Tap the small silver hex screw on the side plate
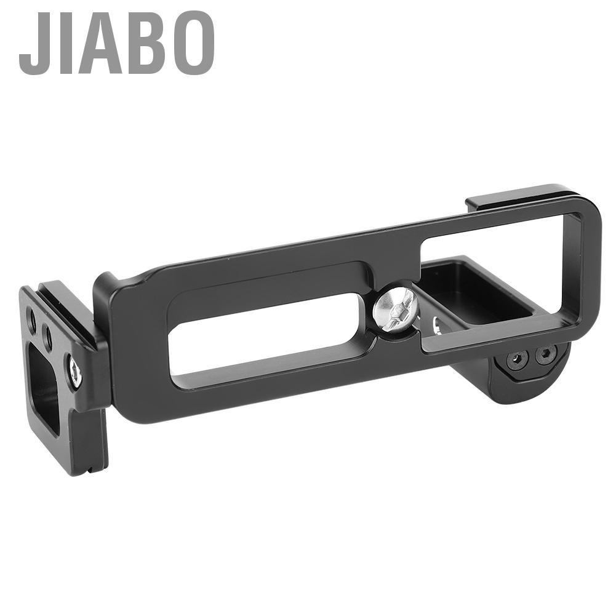pyautogui.click(x=76, y=372)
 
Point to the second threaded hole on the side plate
pyautogui.click(x=47, y=335)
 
